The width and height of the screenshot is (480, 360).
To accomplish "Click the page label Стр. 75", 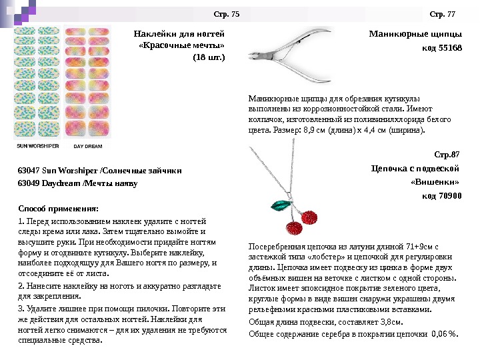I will click(x=226, y=13).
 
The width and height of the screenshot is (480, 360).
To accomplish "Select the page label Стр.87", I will click(x=448, y=155).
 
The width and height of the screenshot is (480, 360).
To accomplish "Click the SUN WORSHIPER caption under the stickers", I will click(x=38, y=145).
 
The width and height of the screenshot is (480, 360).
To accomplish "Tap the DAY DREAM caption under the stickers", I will click(x=87, y=145).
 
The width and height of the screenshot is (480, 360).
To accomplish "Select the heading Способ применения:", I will click(x=58, y=208).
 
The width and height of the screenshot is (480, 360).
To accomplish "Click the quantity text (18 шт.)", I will click(x=209, y=57).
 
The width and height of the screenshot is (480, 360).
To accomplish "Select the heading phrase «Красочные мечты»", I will click(x=181, y=45).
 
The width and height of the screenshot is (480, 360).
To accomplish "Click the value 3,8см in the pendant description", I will click(x=388, y=320).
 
